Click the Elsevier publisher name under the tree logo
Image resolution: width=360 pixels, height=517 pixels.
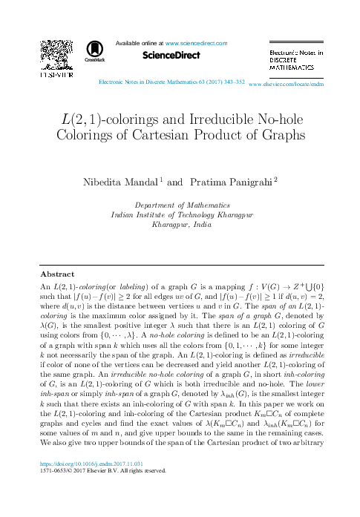pyautogui.click(x=54, y=75)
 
